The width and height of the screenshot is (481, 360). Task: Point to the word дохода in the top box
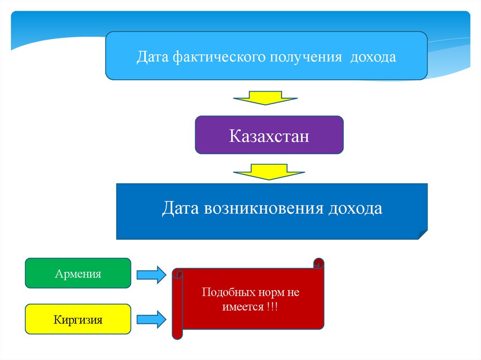[374, 58]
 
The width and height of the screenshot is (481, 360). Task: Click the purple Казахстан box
[269, 135]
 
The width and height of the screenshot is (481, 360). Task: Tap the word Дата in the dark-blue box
[181, 209]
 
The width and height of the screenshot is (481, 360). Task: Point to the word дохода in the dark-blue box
[355, 209]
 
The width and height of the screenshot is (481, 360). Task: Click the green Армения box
[78, 273]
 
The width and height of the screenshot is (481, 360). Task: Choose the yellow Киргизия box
[78, 320]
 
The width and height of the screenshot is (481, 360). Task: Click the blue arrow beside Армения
[151, 274]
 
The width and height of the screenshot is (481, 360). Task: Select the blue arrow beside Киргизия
[151, 320]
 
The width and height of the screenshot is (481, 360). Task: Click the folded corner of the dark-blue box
[421, 234]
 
